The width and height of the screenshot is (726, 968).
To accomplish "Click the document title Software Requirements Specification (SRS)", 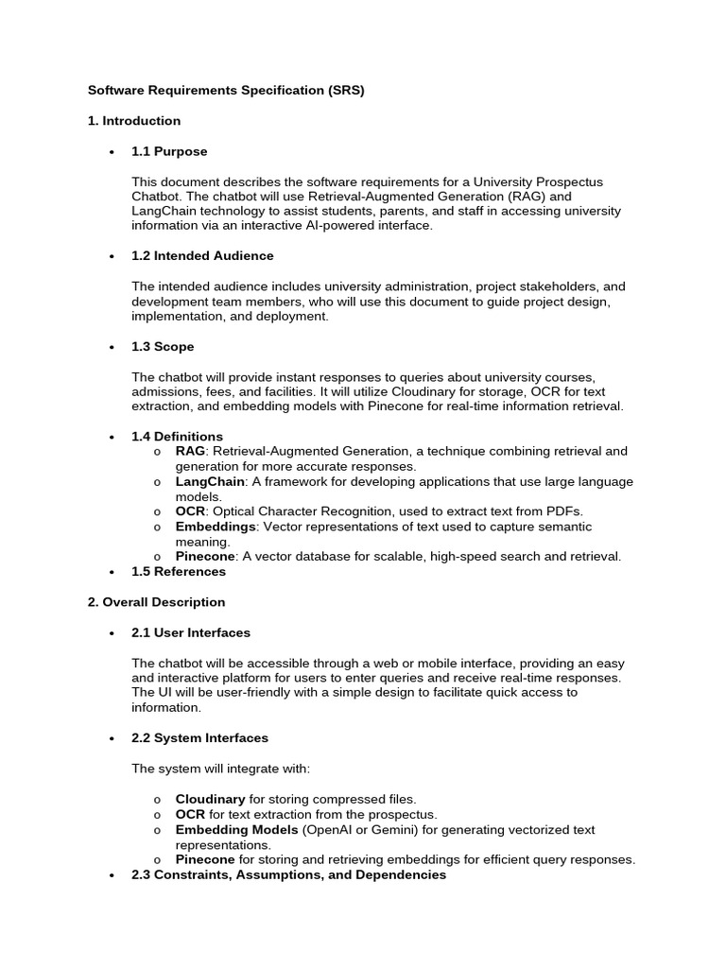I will pyautogui.click(x=226, y=91).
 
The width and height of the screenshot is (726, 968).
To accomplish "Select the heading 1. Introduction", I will pyautogui.click(x=134, y=121).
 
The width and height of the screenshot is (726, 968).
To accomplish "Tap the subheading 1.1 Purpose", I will pyautogui.click(x=169, y=151).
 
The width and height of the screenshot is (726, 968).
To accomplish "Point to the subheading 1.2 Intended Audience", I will pyautogui.click(x=202, y=255).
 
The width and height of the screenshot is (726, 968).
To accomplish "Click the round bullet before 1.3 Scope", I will pyautogui.click(x=112, y=347).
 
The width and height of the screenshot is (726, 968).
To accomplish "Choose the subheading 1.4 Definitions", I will pyautogui.click(x=177, y=436).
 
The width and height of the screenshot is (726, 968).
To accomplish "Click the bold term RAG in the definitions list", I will pyautogui.click(x=191, y=451).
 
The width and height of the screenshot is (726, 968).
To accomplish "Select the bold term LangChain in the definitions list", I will pyautogui.click(x=210, y=481).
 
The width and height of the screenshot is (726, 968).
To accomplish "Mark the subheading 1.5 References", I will pyautogui.click(x=179, y=571).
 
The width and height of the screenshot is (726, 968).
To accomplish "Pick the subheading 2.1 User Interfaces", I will pyautogui.click(x=191, y=632).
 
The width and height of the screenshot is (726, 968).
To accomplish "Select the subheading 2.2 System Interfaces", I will pyautogui.click(x=199, y=737).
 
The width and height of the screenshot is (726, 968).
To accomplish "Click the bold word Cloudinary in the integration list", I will pyautogui.click(x=210, y=799).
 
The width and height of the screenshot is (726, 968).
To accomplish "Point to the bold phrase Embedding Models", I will pyautogui.click(x=236, y=829).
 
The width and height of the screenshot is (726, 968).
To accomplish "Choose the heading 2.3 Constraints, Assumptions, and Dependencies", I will pyautogui.click(x=288, y=874).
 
